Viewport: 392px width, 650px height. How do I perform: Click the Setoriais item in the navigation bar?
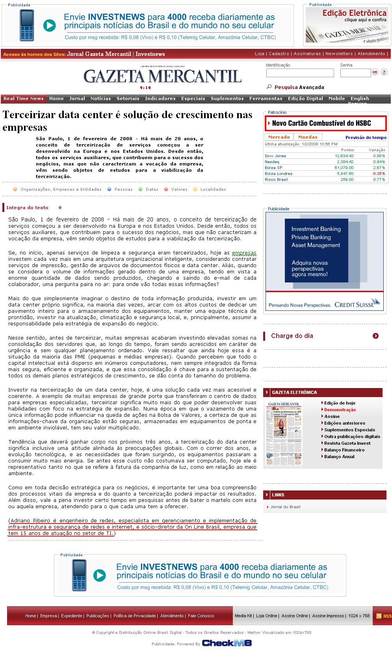click(x=128, y=98)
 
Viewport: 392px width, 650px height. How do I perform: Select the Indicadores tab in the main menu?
click(x=160, y=98)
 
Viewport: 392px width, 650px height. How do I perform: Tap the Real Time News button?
click(x=24, y=98)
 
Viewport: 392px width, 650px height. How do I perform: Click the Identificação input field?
click(x=300, y=73)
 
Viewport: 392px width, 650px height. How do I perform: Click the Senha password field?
click(x=355, y=73)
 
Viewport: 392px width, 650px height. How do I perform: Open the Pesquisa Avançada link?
click(x=299, y=87)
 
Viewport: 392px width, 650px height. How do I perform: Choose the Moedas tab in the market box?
click(x=308, y=137)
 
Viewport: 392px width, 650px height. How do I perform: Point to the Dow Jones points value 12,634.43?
click(x=345, y=156)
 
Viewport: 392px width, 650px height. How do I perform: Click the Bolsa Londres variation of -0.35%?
click(x=379, y=174)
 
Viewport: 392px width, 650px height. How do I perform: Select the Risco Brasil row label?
click(x=276, y=180)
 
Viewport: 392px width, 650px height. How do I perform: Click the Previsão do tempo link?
click(x=366, y=137)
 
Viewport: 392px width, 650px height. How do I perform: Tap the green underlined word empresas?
click(x=244, y=253)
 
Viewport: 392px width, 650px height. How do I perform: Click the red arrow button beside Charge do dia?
click(x=375, y=336)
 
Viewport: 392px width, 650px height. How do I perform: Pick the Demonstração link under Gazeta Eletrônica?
click(x=340, y=410)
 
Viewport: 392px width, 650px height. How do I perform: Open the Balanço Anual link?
click(x=339, y=457)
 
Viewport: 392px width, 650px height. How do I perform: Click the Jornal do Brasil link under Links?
click(x=285, y=507)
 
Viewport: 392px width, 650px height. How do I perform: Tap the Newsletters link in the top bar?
click(x=339, y=54)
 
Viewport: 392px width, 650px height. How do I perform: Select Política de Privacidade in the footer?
click(x=134, y=616)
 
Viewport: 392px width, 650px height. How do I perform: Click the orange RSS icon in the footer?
click(x=379, y=616)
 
